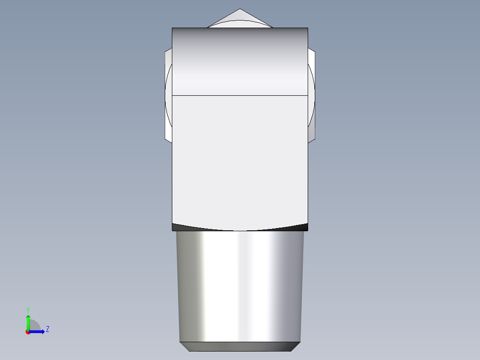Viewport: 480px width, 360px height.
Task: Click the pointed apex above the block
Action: point(240,10)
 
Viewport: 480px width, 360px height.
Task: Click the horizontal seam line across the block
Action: point(240,95)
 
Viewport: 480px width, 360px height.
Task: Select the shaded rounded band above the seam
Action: point(240,62)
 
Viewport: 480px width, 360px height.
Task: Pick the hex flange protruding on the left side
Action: point(168,96)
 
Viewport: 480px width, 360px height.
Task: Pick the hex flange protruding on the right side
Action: point(312,96)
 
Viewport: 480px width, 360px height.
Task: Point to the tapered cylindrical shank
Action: point(240,285)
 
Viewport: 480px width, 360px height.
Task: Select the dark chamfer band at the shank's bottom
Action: point(240,346)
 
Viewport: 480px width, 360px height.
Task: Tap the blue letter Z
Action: point(47,330)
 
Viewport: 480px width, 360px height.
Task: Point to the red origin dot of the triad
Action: point(28,332)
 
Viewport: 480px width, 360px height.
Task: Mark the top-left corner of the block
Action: point(172,28)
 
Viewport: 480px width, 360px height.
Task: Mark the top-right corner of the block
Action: point(308,28)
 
